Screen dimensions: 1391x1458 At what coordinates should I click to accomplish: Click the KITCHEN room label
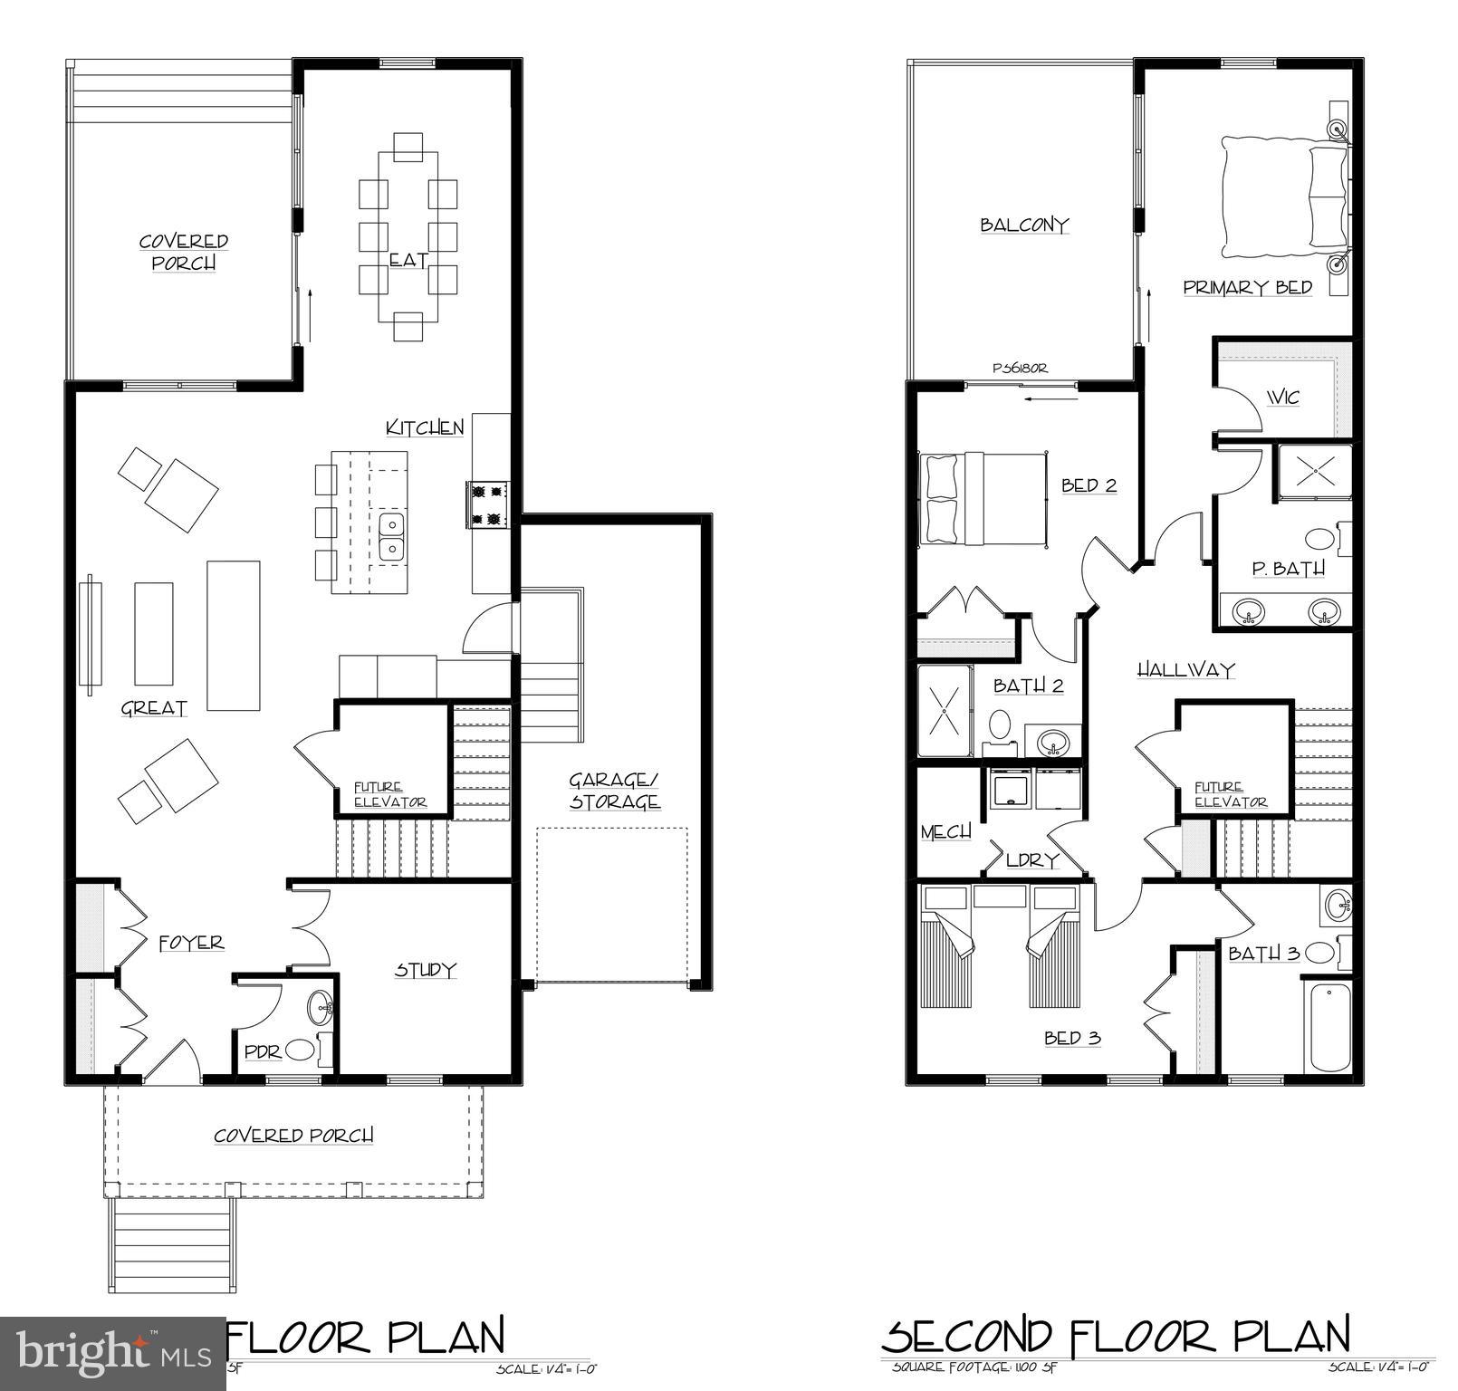tap(425, 427)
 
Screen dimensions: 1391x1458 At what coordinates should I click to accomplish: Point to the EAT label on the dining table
tap(408, 260)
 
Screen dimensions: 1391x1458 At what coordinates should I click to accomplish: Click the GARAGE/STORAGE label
tap(614, 791)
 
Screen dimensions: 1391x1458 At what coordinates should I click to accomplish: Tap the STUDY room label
tap(425, 970)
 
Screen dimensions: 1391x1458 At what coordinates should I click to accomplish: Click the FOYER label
tap(191, 943)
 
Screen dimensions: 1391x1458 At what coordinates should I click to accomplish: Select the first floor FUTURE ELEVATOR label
tap(389, 795)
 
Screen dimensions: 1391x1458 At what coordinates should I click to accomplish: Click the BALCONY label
tap(1024, 225)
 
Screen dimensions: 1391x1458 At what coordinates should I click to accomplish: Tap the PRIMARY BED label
tap(1247, 288)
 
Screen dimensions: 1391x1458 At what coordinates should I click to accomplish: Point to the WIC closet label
tap(1282, 398)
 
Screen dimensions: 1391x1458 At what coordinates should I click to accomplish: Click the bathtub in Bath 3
tap(1328, 1028)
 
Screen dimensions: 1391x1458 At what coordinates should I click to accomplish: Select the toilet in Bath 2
tap(1000, 726)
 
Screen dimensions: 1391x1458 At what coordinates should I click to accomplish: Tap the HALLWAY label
tap(1185, 670)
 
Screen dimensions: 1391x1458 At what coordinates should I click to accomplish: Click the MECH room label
tap(945, 831)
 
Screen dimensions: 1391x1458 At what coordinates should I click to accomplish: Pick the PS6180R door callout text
tap(1020, 369)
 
